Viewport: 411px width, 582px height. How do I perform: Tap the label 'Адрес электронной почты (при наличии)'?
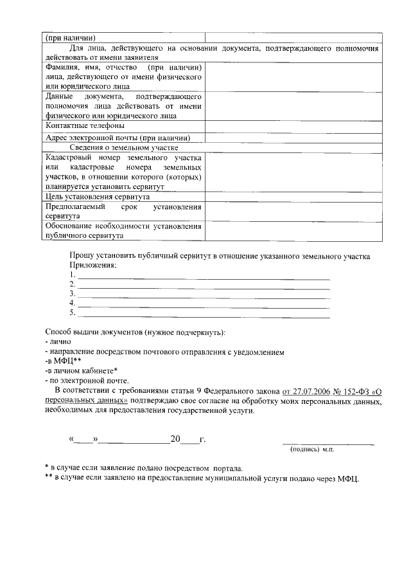pyautogui.click(x=118, y=137)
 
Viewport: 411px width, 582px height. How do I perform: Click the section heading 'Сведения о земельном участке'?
pyautogui.click(x=124, y=147)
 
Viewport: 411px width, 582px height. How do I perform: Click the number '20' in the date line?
pyautogui.click(x=175, y=440)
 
